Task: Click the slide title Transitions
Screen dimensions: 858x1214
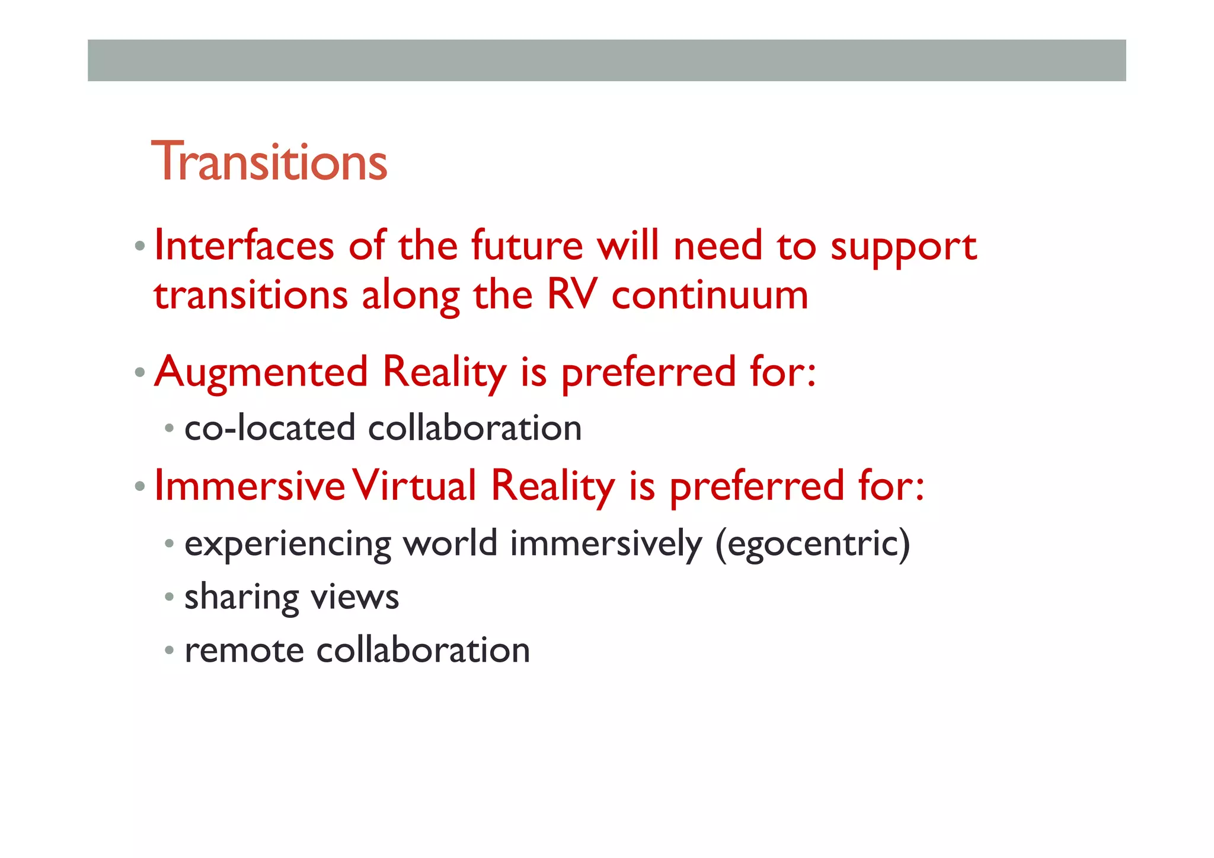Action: [x=269, y=161]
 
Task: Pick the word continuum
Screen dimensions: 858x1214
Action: [x=710, y=295]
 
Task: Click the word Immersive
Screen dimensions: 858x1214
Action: [x=250, y=486]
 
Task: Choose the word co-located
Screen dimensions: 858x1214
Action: [x=270, y=428]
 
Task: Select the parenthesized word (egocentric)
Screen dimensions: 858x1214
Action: [x=812, y=544]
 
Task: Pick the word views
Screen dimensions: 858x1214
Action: [x=355, y=597]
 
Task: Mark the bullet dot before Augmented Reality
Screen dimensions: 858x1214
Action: [x=140, y=373]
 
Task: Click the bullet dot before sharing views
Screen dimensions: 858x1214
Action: [x=170, y=597]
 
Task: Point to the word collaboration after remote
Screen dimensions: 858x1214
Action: [x=423, y=650]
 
